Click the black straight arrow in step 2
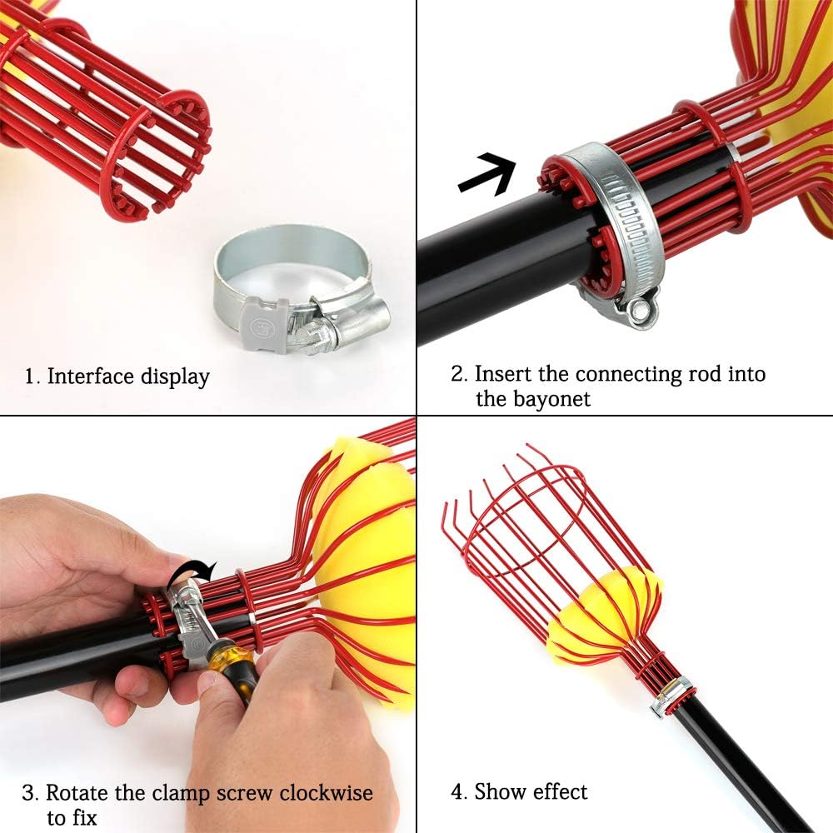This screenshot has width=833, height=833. click(487, 173)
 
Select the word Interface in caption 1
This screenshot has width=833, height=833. click(89, 377)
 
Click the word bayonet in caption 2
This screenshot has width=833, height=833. click(533, 399)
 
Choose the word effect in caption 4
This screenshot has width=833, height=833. click(561, 791)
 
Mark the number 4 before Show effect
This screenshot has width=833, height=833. click(456, 792)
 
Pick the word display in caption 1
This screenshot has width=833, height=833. click(175, 377)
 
